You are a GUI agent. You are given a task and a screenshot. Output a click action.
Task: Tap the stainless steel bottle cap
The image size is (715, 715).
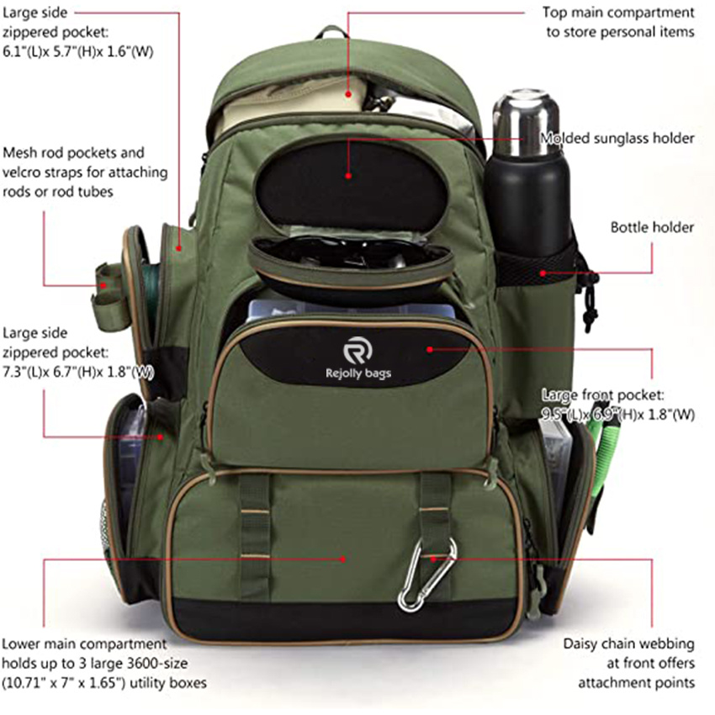click(526, 123)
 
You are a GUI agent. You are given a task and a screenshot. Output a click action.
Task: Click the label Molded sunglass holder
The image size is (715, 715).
click(617, 138)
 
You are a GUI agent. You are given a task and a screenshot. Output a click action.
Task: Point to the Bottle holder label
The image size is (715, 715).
click(652, 227)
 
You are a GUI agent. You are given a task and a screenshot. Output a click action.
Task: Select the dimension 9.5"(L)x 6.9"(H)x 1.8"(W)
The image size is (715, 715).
click(618, 415)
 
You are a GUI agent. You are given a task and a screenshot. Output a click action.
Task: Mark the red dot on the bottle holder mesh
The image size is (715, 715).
click(543, 273)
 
